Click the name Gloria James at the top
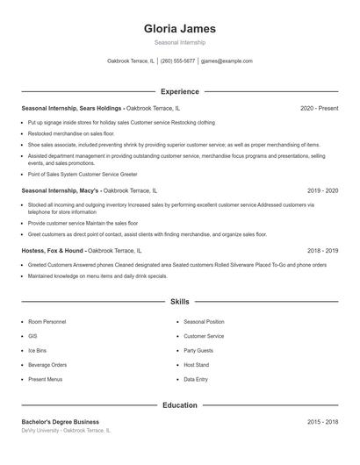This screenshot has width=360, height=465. pos(179,28)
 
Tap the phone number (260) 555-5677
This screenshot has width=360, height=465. pos(177,61)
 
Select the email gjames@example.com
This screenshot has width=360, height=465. pos(227,61)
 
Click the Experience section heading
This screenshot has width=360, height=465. pos(179,91)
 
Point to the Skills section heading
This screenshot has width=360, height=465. pos(179,301)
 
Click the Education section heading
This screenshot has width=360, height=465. pos(179,405)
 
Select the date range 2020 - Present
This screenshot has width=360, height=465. pos(319,108)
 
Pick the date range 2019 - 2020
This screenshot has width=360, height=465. pos(322,190)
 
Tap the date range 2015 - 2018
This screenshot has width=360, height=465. pos(322,422)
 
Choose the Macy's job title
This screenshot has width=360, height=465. pos(61,190)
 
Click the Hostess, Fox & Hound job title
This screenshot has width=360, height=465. pos(54,250)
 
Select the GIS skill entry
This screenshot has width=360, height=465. pos(32,336)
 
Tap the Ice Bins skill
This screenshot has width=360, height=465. pos(37,350)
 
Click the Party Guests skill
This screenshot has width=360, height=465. pos(198,350)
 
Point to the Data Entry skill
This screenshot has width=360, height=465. pos(195,379)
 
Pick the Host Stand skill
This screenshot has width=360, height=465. pos(196,364)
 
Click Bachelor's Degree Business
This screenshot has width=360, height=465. pos(60,422)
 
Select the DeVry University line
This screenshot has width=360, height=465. pos(66,431)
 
